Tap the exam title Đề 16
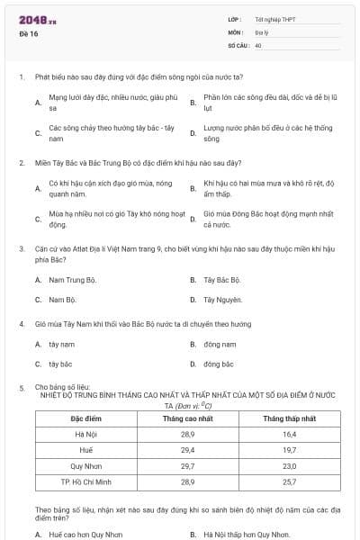(x=26, y=32)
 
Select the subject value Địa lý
(x=261, y=31)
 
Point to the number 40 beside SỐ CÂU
(x=258, y=44)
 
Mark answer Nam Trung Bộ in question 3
(x=72, y=280)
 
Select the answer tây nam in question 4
(x=61, y=344)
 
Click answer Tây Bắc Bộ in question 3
(x=221, y=280)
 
